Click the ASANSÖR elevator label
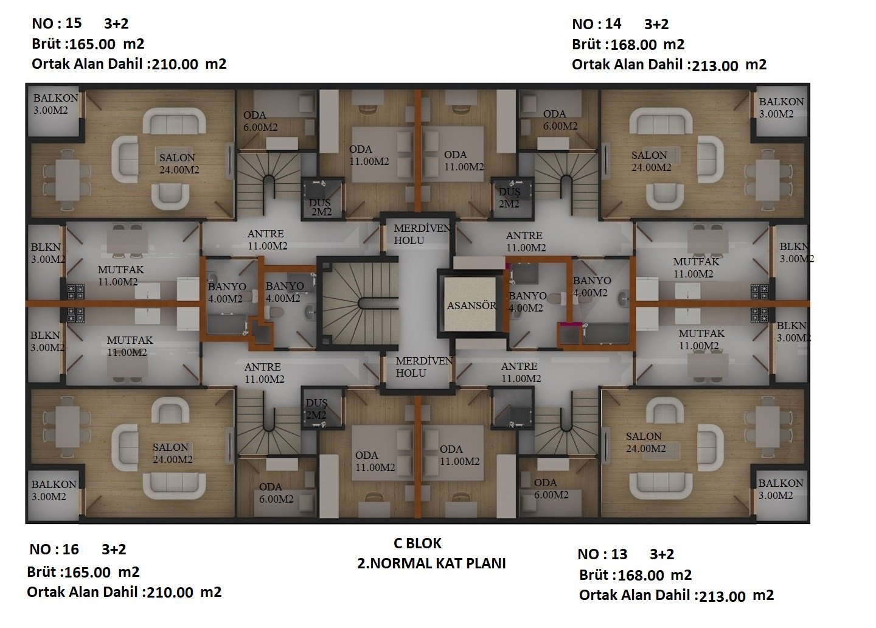(x=471, y=305)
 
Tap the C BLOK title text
(x=417, y=543)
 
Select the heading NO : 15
(x=57, y=24)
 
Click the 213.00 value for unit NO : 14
(x=715, y=66)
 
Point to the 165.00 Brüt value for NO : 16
(x=88, y=573)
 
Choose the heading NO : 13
(x=602, y=554)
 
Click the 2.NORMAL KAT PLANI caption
(x=431, y=563)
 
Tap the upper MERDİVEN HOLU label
(x=422, y=234)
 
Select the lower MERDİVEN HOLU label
(x=423, y=367)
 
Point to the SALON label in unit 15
(x=177, y=158)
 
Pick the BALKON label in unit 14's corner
(x=781, y=102)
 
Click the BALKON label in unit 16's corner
(x=54, y=484)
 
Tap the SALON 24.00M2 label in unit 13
(x=645, y=442)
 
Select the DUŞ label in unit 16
(x=316, y=403)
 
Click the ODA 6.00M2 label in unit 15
(x=260, y=121)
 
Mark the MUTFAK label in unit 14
(x=696, y=262)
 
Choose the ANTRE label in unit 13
(x=519, y=366)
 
